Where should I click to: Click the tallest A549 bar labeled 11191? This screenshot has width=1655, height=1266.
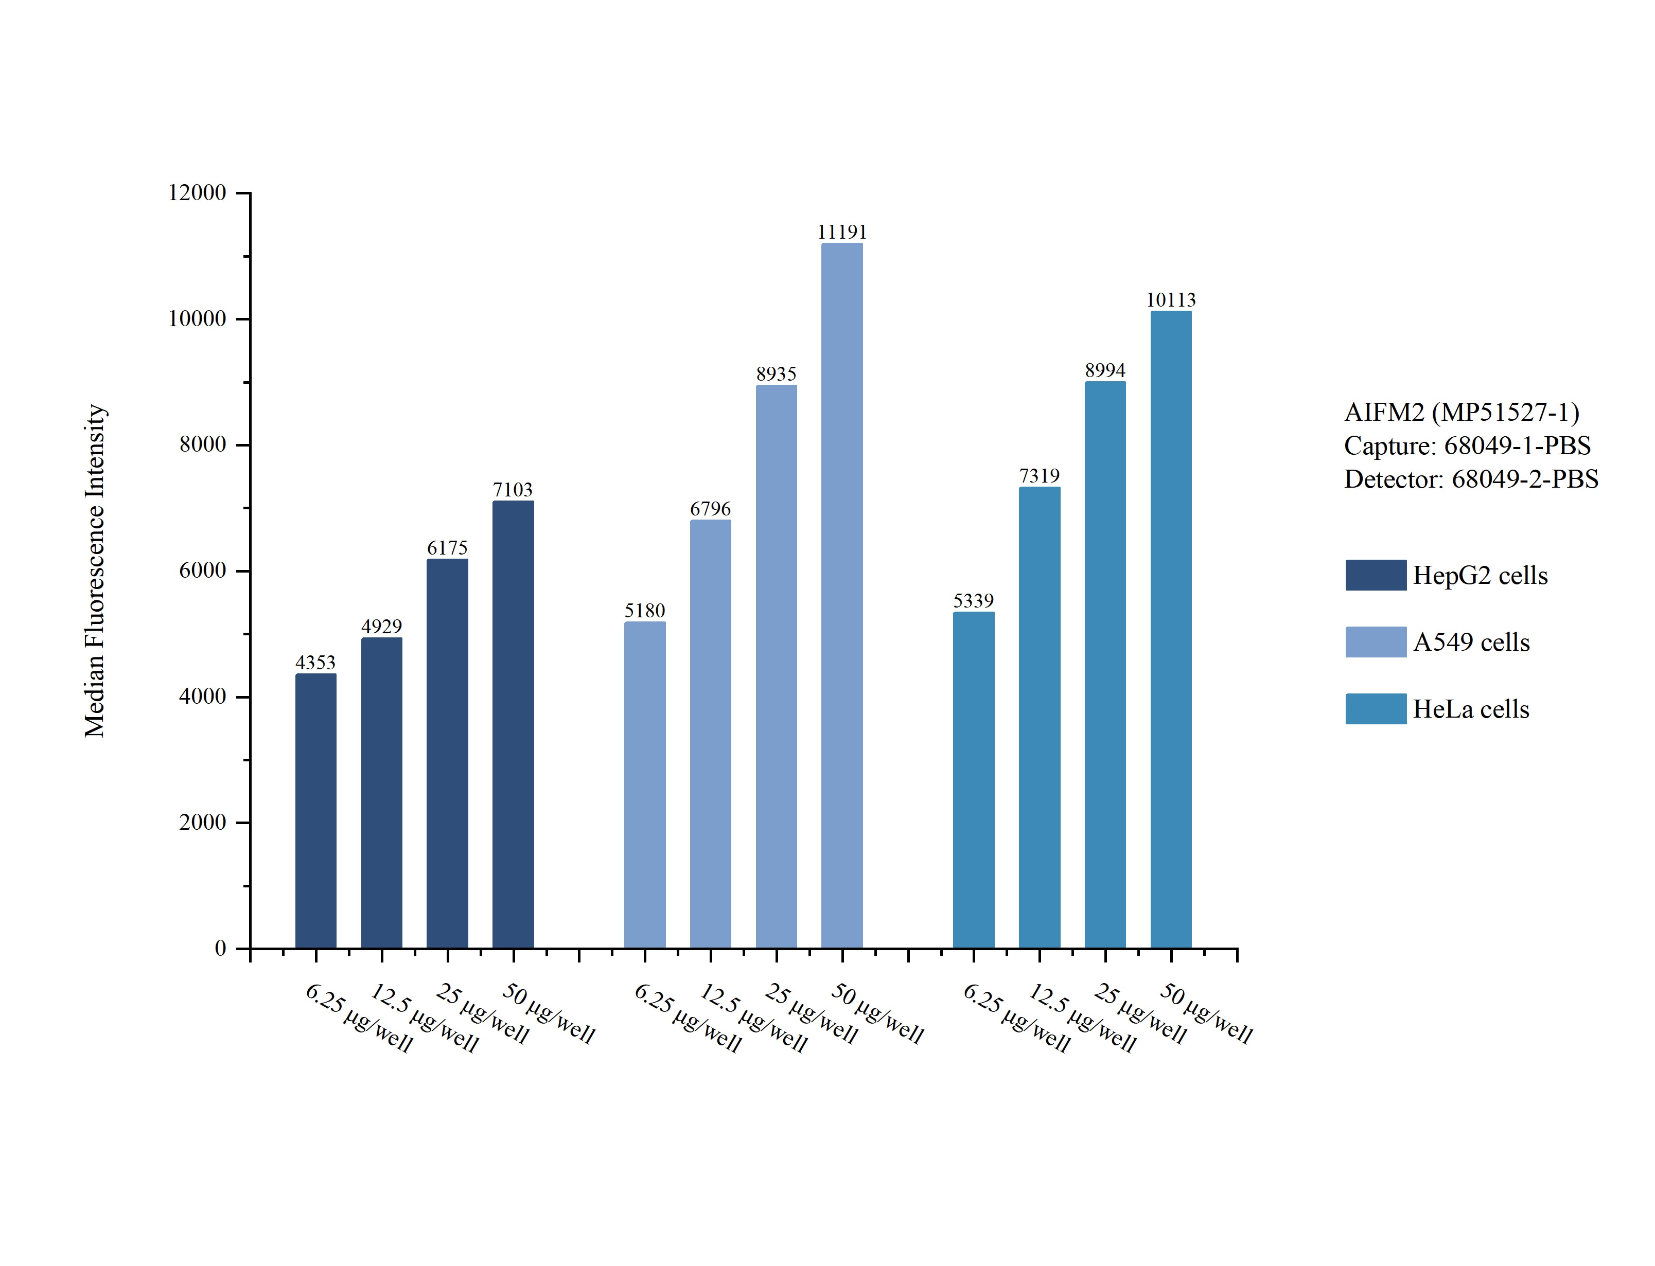pyautogui.click(x=842, y=595)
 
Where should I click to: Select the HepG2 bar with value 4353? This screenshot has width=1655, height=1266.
pyautogui.click(x=316, y=810)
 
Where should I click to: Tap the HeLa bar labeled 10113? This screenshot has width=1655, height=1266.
pyautogui.click(x=1170, y=629)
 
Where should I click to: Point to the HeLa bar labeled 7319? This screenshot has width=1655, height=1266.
pyautogui.click(x=1040, y=717)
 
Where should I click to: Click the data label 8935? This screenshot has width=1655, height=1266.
pyautogui.click(x=776, y=374)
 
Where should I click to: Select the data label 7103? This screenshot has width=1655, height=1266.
pyautogui.click(x=513, y=490)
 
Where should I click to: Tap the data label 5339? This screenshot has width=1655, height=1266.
pyautogui.click(x=973, y=601)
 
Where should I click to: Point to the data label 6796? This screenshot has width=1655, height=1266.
pyautogui.click(x=710, y=509)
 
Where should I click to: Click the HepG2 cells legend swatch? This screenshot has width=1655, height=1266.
pyautogui.click(x=1376, y=575)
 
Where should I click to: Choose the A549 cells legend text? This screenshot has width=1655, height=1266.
pyautogui.click(x=1471, y=642)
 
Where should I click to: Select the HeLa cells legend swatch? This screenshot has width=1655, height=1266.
pyautogui.click(x=1376, y=708)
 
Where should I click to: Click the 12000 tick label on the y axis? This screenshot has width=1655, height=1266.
pyautogui.click(x=197, y=193)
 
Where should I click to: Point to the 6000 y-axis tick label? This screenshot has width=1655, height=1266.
pyautogui.click(x=202, y=570)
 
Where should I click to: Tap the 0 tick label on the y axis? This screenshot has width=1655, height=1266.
pyautogui.click(x=220, y=948)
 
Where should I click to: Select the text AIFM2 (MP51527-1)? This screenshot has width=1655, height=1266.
pyautogui.click(x=1462, y=412)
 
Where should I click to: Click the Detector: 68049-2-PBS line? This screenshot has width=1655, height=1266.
pyautogui.click(x=1470, y=479)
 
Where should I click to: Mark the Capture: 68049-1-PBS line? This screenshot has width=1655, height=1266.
pyautogui.click(x=1467, y=445)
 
